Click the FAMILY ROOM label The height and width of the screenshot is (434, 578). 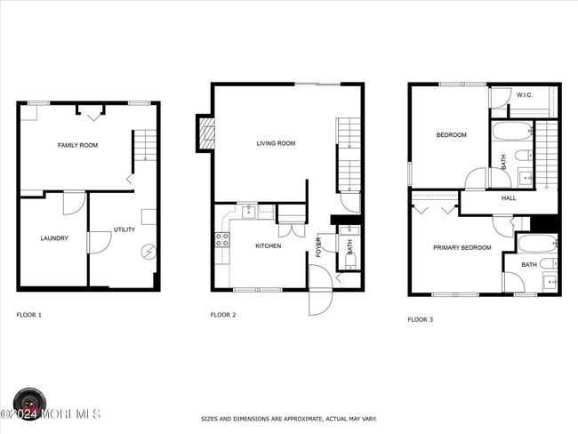point(77,145)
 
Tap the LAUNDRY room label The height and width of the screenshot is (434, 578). point(54,238)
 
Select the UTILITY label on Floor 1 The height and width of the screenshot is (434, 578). point(124,229)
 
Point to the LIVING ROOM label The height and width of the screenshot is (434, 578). point(276,143)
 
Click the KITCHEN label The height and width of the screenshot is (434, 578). point(269,246)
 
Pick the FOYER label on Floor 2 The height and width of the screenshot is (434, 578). point(319,247)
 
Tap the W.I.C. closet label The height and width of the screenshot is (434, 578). point(524,95)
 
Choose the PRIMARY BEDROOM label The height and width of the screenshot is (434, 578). point(462,248)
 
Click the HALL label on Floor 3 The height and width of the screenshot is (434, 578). point(509,198)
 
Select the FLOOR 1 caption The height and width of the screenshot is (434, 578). point(29,315)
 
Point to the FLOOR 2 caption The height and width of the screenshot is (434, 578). point(223,315)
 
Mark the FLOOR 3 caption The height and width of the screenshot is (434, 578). point(421,319)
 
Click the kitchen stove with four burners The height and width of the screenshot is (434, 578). point(222,239)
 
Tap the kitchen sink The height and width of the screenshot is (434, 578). point(249,212)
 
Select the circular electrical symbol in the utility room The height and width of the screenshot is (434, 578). point(149,253)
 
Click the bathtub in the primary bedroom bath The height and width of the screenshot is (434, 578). point(537,244)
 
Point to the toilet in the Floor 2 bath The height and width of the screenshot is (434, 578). point(350,261)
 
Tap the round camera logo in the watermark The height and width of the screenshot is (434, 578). point(29,404)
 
